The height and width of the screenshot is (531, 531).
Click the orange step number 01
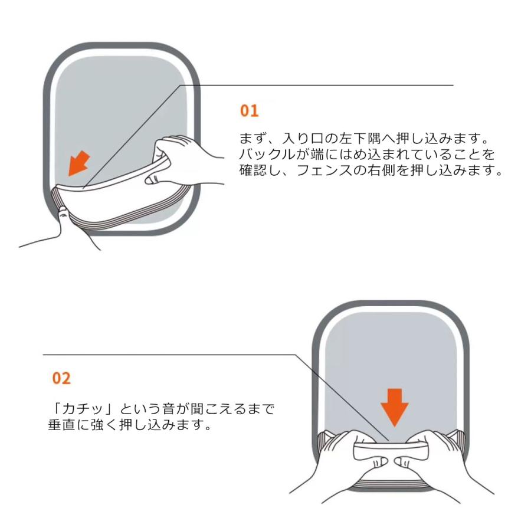pyautogui.click(x=249, y=110)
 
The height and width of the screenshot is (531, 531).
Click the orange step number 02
pyautogui.click(x=61, y=378)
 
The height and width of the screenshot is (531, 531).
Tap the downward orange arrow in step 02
pyautogui.click(x=394, y=407)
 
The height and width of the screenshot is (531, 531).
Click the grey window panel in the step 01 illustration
pyautogui.click(x=118, y=106)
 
